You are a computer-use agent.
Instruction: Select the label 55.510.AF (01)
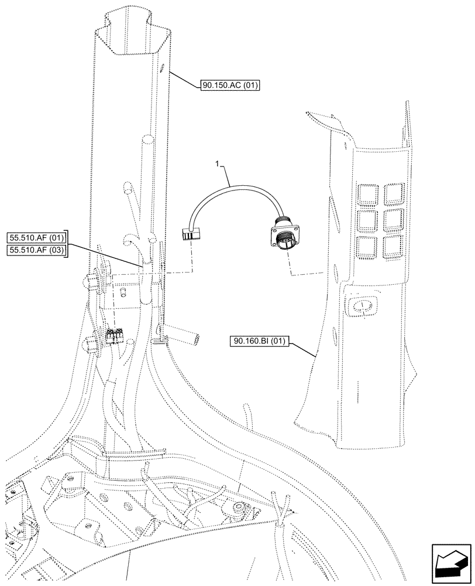[x=37, y=238]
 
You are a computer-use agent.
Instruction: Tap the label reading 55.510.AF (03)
[x=37, y=251]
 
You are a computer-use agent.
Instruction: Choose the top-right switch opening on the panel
[x=394, y=192]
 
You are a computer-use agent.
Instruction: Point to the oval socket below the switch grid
[x=363, y=305]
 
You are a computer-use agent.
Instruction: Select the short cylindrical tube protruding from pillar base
[x=187, y=338]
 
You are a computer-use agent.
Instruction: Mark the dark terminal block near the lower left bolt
[x=113, y=337]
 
